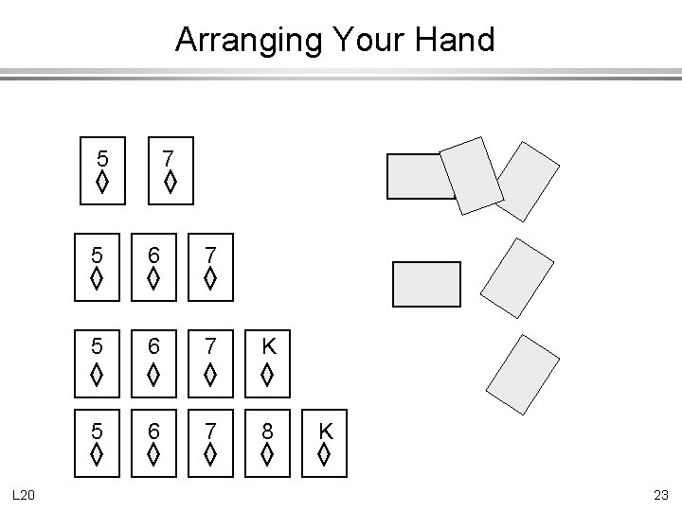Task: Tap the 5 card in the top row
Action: click(101, 171)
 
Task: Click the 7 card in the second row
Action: click(209, 268)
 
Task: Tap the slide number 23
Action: click(660, 493)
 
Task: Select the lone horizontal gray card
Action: click(426, 284)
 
